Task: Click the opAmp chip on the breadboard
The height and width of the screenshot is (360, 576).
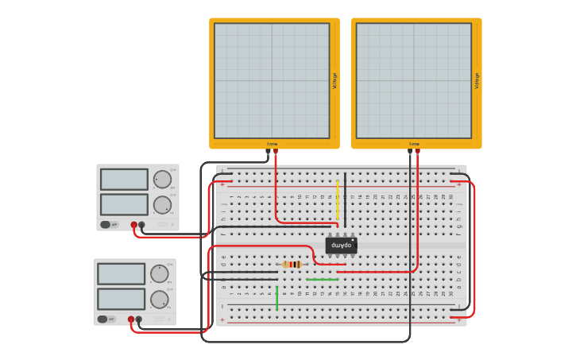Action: click(341, 246)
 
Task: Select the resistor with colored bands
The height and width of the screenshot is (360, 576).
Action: click(292, 264)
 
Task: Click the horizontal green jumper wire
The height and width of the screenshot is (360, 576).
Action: click(322, 280)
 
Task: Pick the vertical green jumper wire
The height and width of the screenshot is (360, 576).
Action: click(276, 298)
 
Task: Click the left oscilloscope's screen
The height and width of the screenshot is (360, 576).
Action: click(271, 80)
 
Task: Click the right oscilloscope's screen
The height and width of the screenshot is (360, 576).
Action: click(413, 80)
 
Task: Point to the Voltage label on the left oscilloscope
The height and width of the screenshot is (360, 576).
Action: click(334, 80)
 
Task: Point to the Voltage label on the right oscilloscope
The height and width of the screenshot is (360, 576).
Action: click(477, 80)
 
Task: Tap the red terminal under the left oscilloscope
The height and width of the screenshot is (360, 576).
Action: click(276, 150)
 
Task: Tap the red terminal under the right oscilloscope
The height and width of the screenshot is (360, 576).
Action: click(417, 150)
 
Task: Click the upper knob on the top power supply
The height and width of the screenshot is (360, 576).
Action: click(162, 179)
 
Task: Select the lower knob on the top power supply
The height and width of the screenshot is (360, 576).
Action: click(162, 205)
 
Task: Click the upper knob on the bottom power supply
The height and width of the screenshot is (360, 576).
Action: click(159, 273)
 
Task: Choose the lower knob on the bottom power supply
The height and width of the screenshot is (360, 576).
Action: click(159, 300)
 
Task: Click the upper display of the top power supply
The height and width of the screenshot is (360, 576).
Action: click(124, 179)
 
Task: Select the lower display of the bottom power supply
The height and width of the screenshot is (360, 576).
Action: click(121, 299)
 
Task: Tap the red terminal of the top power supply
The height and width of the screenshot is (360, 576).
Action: click(133, 225)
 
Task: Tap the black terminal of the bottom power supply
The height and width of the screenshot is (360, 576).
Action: click(138, 319)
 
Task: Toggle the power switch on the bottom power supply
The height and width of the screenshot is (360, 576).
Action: click(102, 319)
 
